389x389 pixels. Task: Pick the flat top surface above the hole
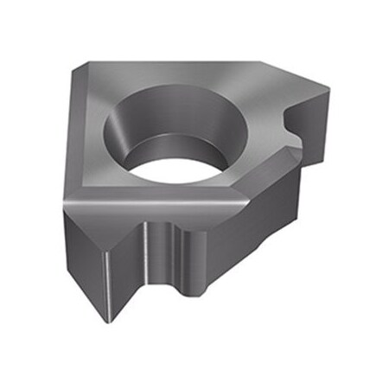pos(173,73)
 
